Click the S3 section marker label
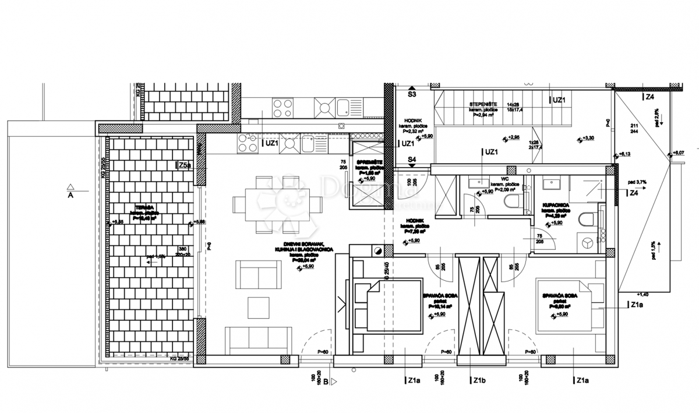click(x=412, y=94)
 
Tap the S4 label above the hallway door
click(x=412, y=159)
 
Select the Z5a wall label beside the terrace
click(x=183, y=166)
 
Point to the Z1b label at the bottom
click(x=479, y=381)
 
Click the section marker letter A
click(x=70, y=196)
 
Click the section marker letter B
click(x=326, y=382)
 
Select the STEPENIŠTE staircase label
click(x=483, y=104)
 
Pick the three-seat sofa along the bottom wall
click(x=258, y=340)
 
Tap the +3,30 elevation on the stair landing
click(x=585, y=138)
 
